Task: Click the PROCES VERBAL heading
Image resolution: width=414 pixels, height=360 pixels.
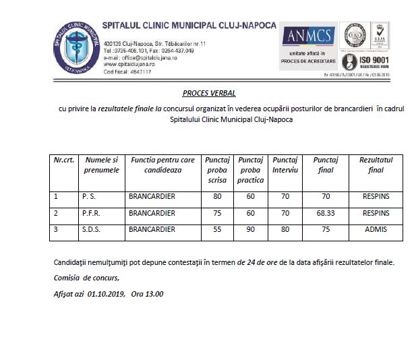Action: pos(209,93)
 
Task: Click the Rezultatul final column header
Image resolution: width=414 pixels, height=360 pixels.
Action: pos(376,164)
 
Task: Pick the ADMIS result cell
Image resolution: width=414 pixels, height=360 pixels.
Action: pos(376,230)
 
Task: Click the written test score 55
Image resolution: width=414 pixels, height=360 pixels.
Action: pos(217,230)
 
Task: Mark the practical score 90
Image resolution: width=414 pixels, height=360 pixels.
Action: pos(251,230)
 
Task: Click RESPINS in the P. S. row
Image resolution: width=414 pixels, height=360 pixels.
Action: pos(376,197)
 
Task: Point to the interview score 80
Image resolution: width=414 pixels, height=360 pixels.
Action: pos(285,230)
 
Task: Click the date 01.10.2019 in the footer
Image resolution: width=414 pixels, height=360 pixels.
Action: pos(107,295)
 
